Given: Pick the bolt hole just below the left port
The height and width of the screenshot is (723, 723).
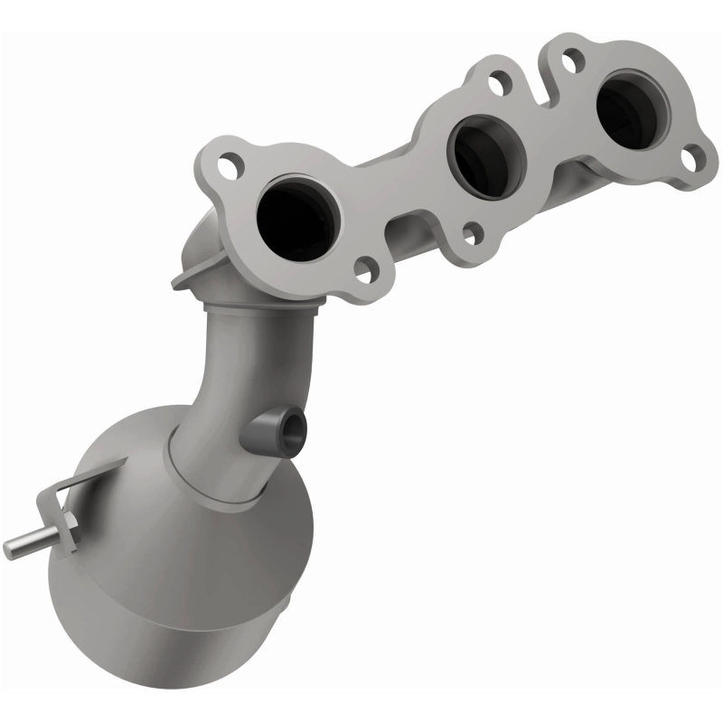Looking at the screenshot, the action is pos(366,268).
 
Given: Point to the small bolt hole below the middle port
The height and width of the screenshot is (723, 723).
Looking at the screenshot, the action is pos(470,234).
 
